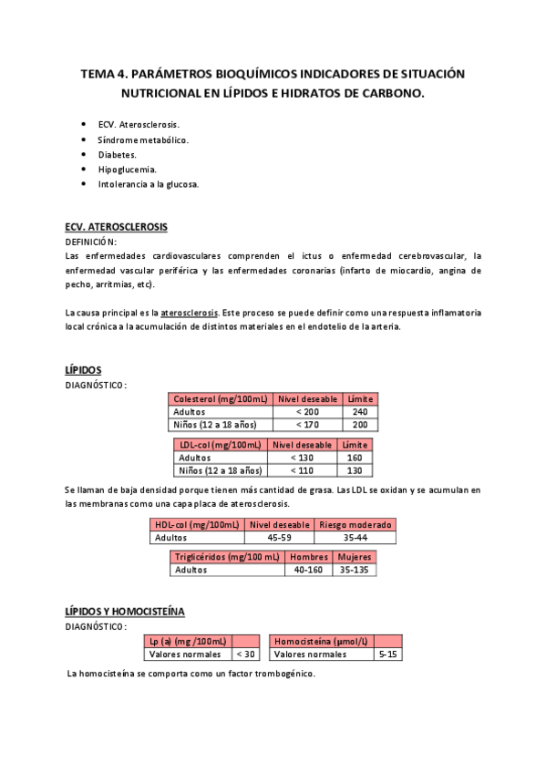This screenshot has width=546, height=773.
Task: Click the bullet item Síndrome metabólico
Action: (x=142, y=139)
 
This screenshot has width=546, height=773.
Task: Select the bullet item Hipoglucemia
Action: (x=128, y=169)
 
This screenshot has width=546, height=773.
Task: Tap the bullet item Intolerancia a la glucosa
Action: (x=149, y=183)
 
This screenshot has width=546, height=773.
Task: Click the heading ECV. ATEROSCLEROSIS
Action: (x=116, y=227)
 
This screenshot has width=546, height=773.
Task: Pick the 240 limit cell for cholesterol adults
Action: (x=359, y=412)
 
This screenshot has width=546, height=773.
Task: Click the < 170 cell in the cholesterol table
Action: (x=306, y=425)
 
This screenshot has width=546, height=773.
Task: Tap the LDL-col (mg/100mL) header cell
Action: (x=220, y=445)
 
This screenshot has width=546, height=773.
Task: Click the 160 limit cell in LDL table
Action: (x=355, y=458)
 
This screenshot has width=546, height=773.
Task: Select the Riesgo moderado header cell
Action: (x=355, y=524)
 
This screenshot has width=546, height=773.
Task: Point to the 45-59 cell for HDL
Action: (x=279, y=538)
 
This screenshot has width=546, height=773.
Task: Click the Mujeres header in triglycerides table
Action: (x=355, y=556)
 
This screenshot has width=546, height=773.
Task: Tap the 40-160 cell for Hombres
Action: (x=308, y=570)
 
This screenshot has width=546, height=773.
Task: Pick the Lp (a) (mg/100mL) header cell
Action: (x=189, y=641)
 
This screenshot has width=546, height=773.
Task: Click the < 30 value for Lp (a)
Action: (x=245, y=654)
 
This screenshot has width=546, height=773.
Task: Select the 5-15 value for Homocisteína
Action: (x=387, y=654)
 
